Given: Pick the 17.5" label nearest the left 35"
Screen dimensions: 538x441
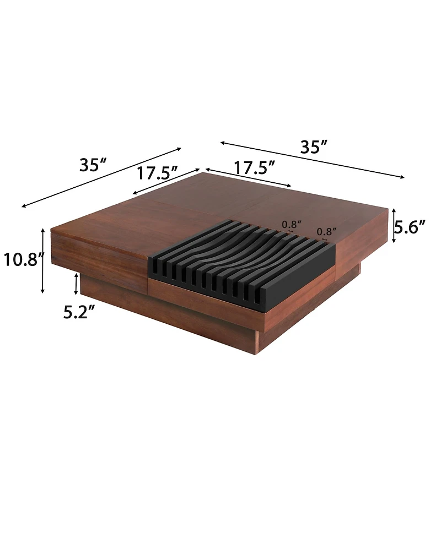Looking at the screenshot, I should [x=157, y=173].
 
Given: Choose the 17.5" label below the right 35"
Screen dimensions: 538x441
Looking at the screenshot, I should [x=254, y=167].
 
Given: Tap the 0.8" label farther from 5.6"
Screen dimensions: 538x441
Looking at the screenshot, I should [x=292, y=224].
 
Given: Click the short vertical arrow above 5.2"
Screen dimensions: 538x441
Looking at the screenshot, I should [x=76, y=285].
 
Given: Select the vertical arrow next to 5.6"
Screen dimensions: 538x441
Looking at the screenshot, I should [x=394, y=226].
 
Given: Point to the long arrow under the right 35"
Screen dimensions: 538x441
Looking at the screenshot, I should [x=312, y=160].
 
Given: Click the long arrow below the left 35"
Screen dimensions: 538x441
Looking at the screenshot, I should [x=101, y=177].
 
